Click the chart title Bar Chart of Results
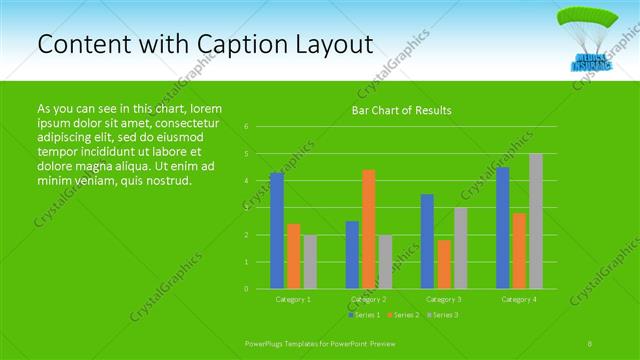point(401,110)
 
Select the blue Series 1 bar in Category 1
point(277,231)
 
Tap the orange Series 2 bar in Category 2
point(368,229)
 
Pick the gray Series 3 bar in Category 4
point(535,221)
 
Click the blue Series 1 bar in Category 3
point(427,241)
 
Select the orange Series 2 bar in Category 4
point(519,251)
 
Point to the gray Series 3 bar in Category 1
point(309,262)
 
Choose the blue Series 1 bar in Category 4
point(502,228)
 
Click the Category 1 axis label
point(293,299)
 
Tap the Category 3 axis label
point(443,299)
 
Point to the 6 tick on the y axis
point(246,127)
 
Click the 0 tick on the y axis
point(246,289)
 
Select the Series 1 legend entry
point(365,315)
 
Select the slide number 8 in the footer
point(590,343)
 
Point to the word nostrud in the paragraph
point(165,181)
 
